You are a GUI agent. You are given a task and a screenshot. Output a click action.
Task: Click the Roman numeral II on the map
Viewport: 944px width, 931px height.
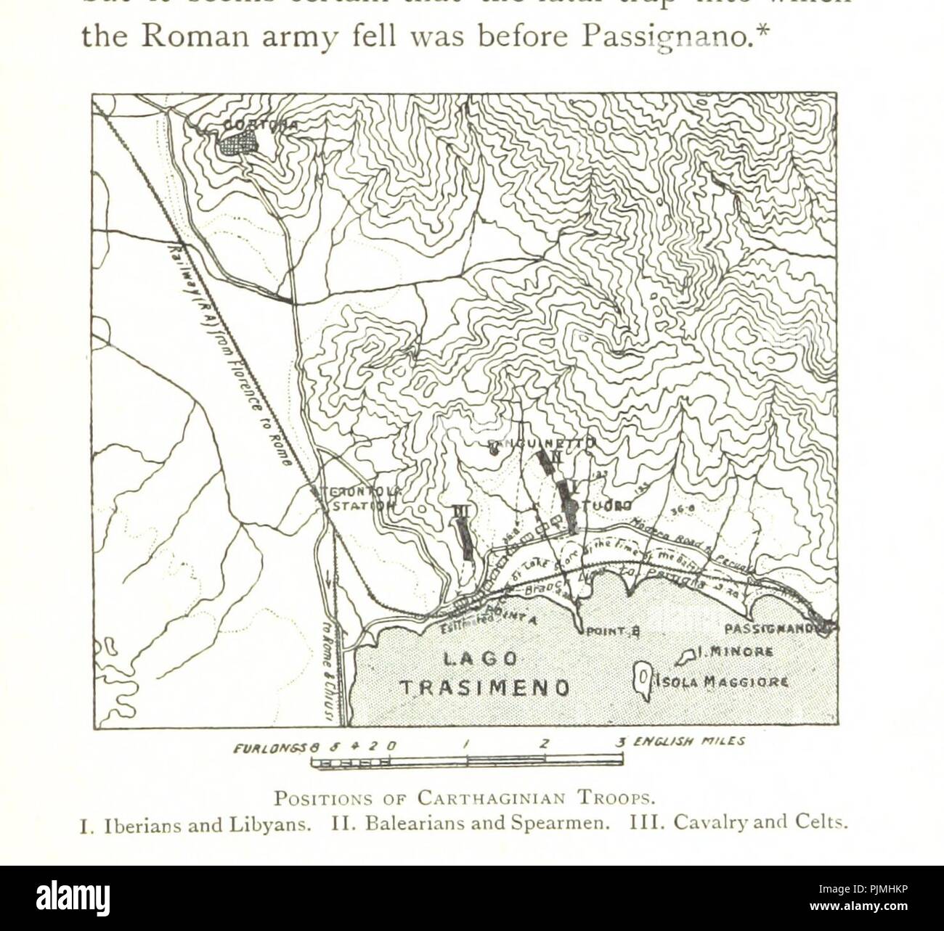click(556, 457)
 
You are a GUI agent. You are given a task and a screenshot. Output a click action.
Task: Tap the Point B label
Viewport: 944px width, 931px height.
click(611, 631)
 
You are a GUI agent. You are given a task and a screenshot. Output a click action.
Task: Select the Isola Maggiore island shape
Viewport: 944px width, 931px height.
click(642, 677)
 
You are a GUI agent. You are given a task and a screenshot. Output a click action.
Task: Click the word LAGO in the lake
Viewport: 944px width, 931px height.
click(480, 660)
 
